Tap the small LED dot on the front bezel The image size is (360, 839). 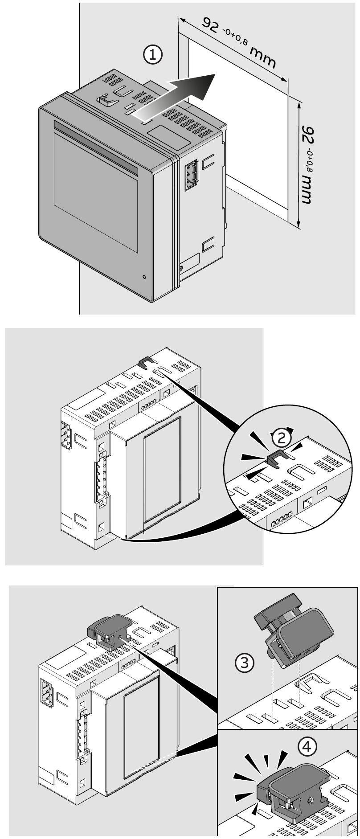(x=144, y=277)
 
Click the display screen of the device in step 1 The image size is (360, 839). (x=96, y=178)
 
